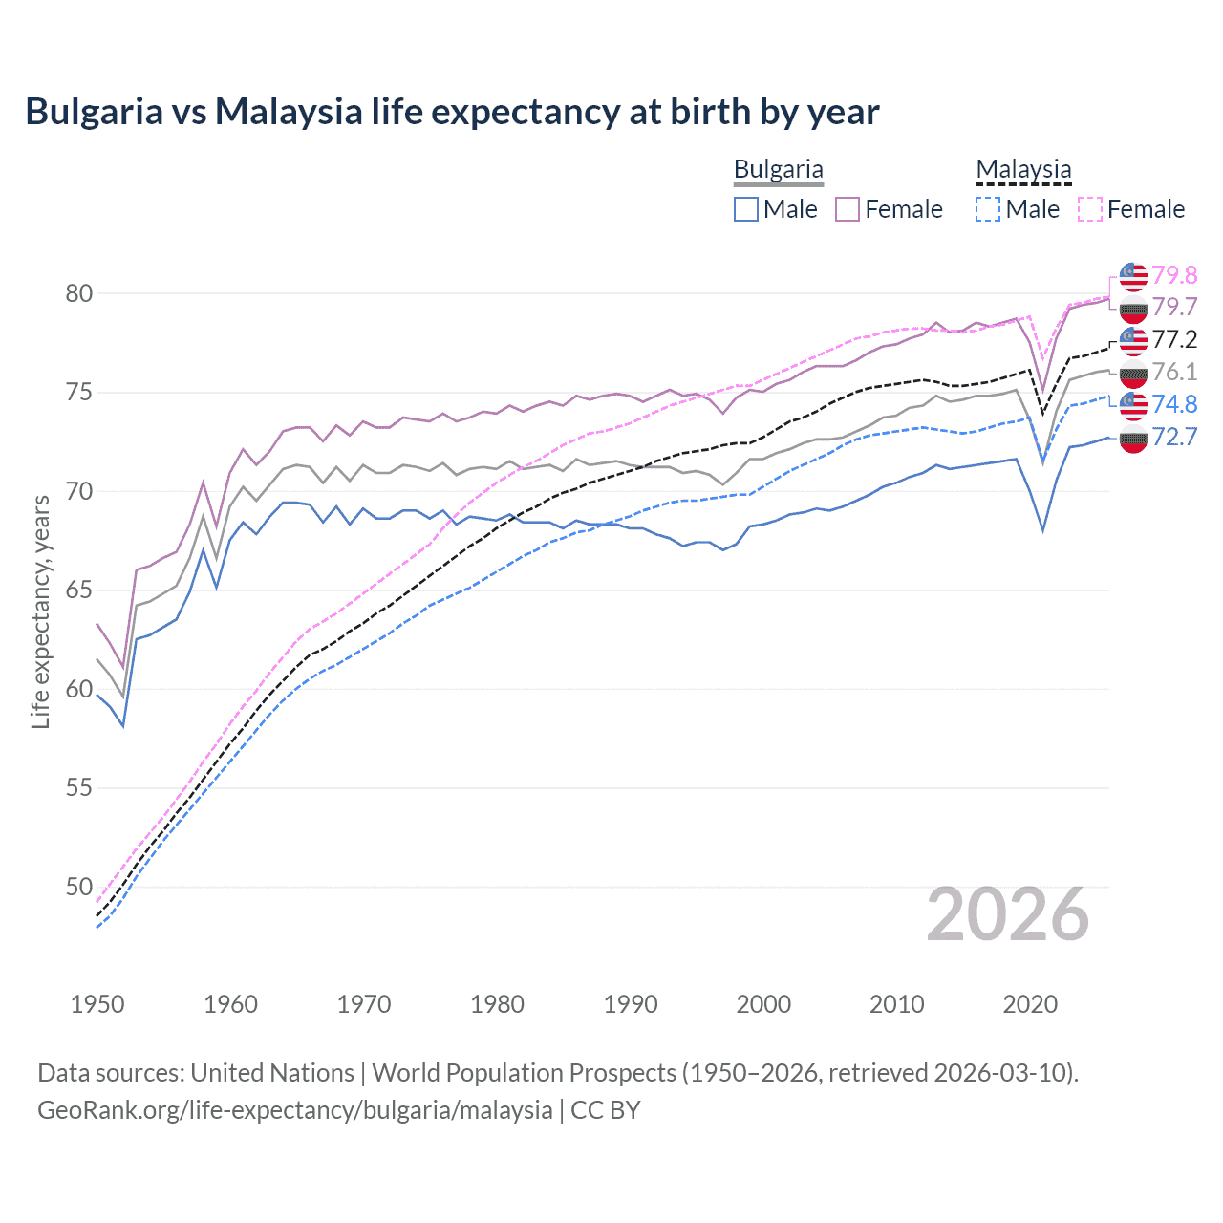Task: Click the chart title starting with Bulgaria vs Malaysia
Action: pyautogui.click(x=452, y=112)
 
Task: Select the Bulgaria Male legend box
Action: pyautogui.click(x=746, y=209)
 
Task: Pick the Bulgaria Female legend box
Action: pyautogui.click(x=848, y=209)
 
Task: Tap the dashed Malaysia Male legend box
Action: pyautogui.click(x=988, y=209)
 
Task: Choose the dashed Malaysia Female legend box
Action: pyautogui.click(x=1090, y=209)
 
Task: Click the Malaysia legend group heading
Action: pyautogui.click(x=1023, y=170)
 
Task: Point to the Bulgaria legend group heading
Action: pyautogui.click(x=778, y=170)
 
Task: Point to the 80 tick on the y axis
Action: pyautogui.click(x=79, y=293)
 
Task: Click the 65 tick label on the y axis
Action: pyautogui.click(x=79, y=590)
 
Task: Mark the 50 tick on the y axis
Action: pyautogui.click(x=79, y=888)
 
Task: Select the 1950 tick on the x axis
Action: pyautogui.click(x=97, y=1004)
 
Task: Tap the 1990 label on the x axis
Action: pyautogui.click(x=631, y=1004)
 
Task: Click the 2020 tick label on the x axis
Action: pyautogui.click(x=1030, y=1004)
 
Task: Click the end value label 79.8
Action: pyautogui.click(x=1174, y=275)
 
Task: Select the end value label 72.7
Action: pyautogui.click(x=1174, y=438)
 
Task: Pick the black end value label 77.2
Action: pyautogui.click(x=1174, y=339)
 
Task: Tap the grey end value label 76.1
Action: pyautogui.click(x=1174, y=372)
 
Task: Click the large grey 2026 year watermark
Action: pyautogui.click(x=1007, y=914)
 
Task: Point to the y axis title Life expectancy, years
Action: pyautogui.click(x=41, y=611)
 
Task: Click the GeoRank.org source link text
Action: pyautogui.click(x=295, y=1110)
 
